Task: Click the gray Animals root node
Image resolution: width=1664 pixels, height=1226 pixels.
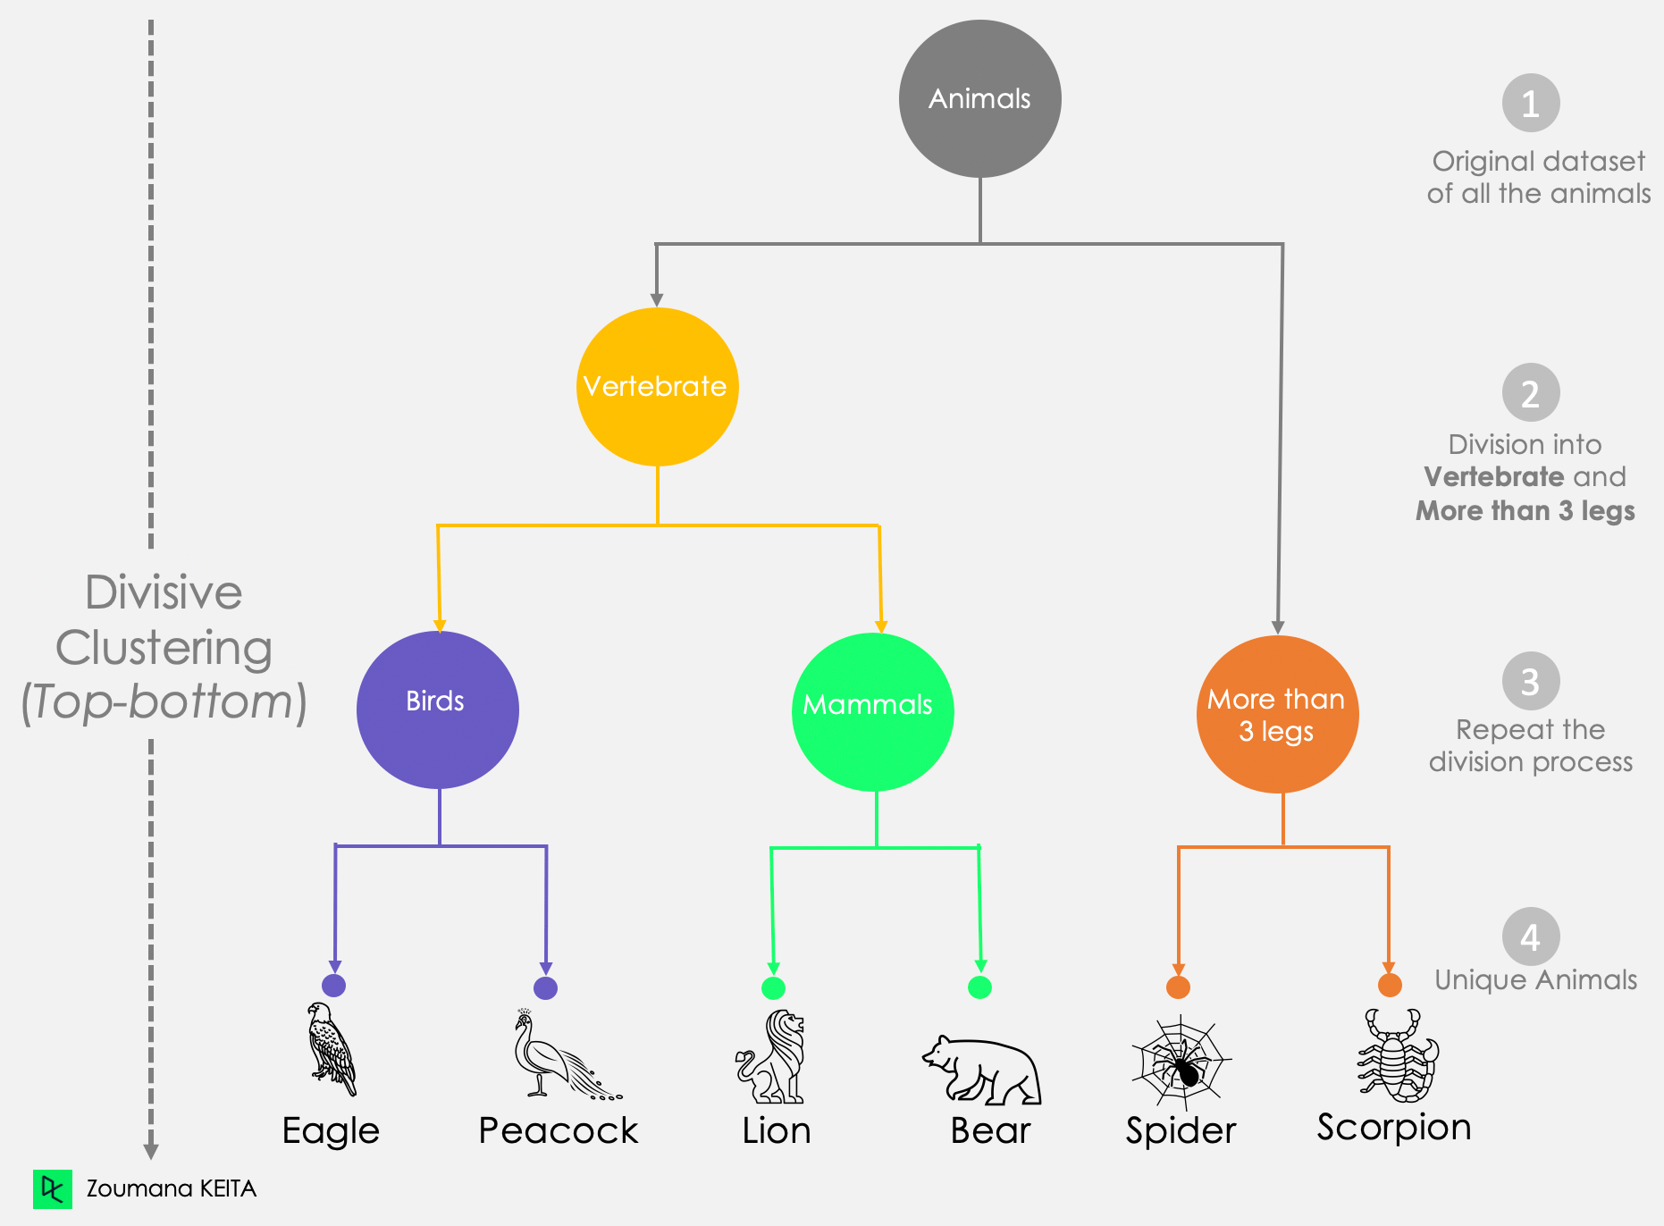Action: pos(979,99)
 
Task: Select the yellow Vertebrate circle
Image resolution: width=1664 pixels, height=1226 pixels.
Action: pos(657,387)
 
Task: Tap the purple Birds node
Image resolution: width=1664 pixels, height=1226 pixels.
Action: pos(437,710)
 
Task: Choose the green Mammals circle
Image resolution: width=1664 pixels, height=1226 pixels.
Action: pos(872,711)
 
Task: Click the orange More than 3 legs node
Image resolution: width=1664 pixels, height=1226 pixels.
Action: pos(1277,715)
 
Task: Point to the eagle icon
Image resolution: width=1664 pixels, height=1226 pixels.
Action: pos(331,1049)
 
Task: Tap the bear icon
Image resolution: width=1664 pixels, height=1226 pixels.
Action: pos(982,1071)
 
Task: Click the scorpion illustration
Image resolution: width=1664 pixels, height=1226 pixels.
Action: pos(1398,1056)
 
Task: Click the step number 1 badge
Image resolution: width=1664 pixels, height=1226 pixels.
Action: pos(1530,104)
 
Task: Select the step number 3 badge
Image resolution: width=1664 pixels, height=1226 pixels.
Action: pos(1530,682)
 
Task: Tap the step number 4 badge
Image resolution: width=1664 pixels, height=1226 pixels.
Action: pos(1530,937)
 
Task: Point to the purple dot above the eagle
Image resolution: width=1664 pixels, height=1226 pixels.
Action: pos(333,986)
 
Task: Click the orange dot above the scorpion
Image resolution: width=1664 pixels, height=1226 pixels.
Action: pos(1389,986)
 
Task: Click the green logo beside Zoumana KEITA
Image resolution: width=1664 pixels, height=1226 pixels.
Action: pos(53,1188)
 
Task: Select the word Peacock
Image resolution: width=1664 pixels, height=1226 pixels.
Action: pos(559,1131)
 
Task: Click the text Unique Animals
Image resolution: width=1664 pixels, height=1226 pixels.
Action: pos(1535,980)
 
